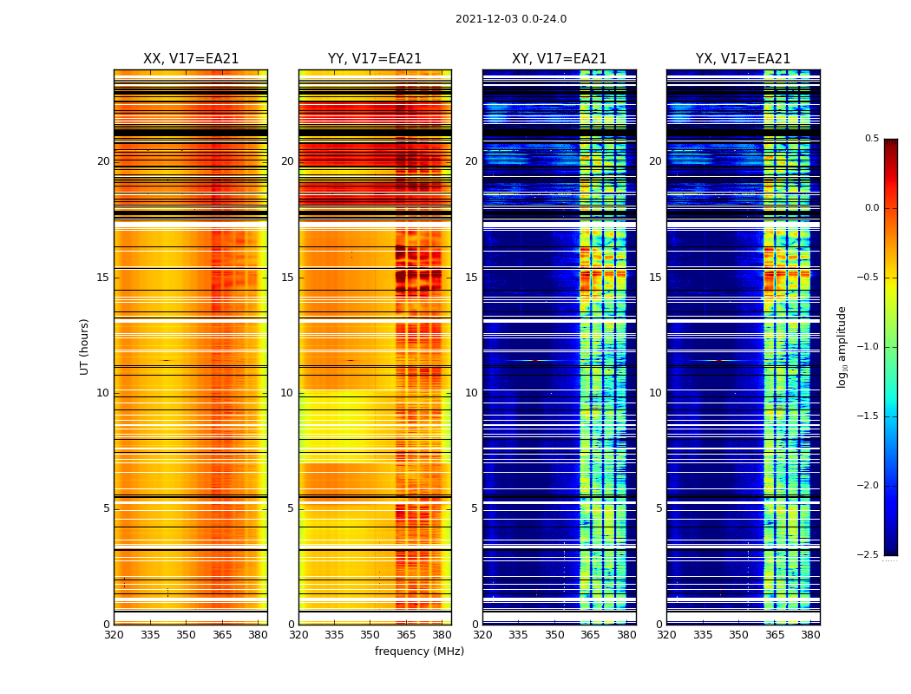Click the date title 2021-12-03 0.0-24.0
coord(510,19)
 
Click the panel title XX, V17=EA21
coord(191,59)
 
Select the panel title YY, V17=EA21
coord(375,59)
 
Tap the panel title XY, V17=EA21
coord(559,59)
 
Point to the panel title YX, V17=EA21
coord(743,59)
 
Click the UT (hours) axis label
coord(85,346)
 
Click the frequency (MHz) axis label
coord(419,651)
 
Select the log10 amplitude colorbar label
coord(842,346)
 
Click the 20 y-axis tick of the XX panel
coord(103,161)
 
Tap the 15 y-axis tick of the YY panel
coord(288,278)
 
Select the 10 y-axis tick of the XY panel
coord(472,393)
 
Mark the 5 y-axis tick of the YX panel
coord(659,508)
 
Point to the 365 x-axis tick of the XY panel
coord(590,635)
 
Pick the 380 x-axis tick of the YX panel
coord(810,635)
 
